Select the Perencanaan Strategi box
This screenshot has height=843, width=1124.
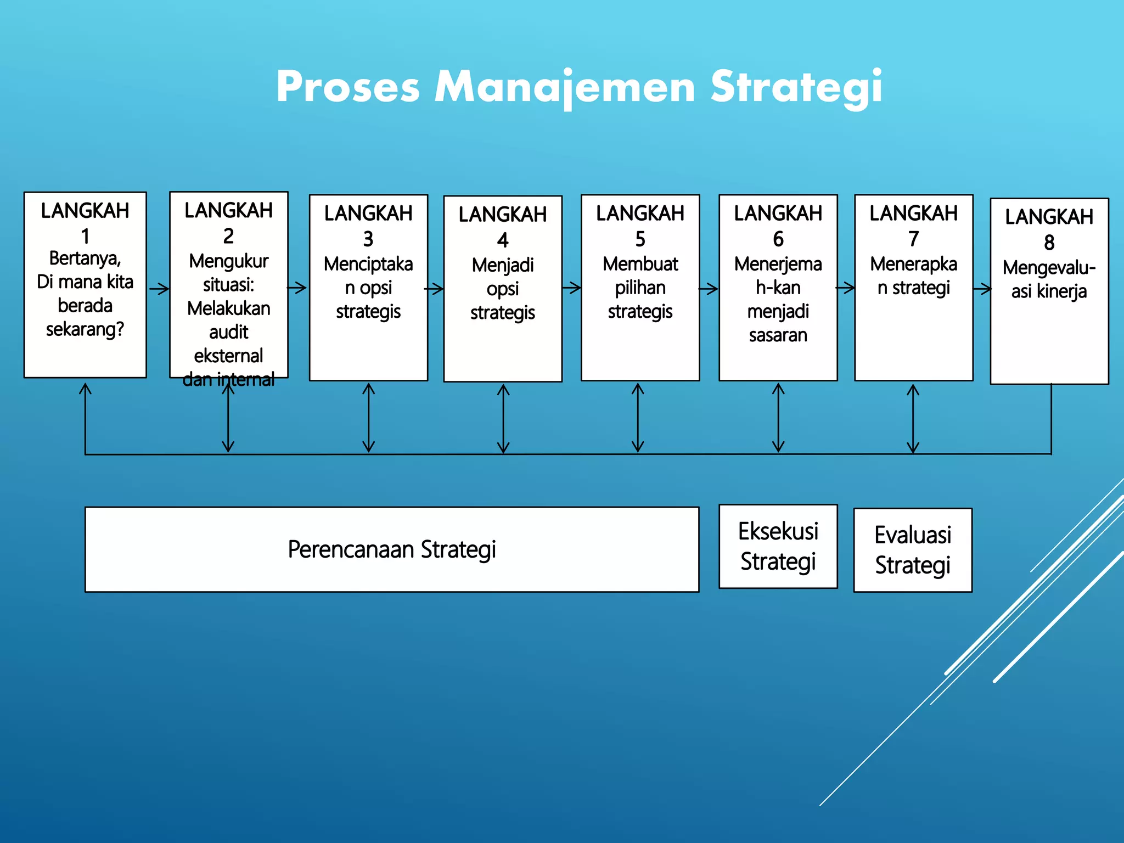pos(392,549)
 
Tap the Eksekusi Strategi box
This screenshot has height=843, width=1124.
pos(778,547)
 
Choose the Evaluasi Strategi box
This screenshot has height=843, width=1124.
pos(913,550)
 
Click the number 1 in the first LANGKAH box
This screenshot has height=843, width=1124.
pos(85,236)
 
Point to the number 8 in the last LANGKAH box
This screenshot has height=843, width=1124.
pos(1049,242)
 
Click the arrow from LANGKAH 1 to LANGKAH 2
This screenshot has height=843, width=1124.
pos(159,289)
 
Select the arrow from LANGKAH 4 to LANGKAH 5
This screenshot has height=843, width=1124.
pos(571,288)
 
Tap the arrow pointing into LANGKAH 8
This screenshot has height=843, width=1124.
pos(982,288)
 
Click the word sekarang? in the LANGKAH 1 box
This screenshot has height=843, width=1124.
pos(85,329)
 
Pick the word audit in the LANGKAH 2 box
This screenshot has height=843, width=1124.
pos(228,332)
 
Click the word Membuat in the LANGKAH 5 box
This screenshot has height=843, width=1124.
pos(640,264)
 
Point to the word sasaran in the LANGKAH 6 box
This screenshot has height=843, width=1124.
pos(778,335)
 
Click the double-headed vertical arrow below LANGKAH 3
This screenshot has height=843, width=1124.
pos(369,418)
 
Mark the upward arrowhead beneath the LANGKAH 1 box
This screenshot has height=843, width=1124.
pos(85,389)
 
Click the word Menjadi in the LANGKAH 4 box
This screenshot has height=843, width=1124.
pos(503,265)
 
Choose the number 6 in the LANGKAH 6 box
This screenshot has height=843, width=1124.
pos(778,239)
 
